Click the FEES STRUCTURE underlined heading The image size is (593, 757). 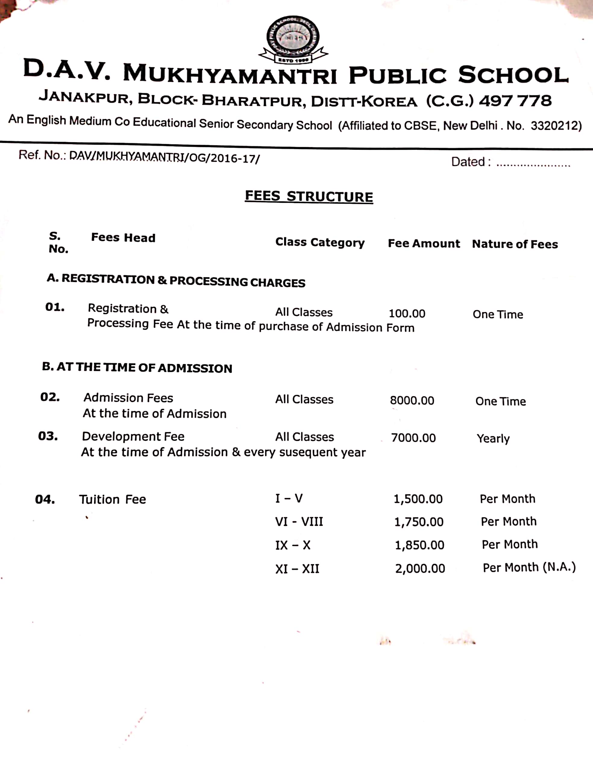[x=309, y=196]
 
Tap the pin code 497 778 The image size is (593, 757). [x=515, y=101]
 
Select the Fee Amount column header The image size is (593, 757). [x=424, y=243]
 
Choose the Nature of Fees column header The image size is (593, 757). [x=515, y=244]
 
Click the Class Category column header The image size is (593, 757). [x=320, y=242]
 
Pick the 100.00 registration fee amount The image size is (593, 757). [x=406, y=314]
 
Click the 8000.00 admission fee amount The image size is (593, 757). [x=412, y=401]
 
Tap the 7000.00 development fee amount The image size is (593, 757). [x=413, y=438]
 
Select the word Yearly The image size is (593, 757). [x=493, y=438]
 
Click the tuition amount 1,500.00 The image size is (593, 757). [x=418, y=499]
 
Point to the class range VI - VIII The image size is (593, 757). [x=299, y=522]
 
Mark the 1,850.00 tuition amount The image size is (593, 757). [x=419, y=545]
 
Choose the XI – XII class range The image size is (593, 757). [x=297, y=569]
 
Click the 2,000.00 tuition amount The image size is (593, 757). [x=420, y=568]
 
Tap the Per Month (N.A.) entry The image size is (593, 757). [x=529, y=567]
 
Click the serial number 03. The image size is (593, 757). [x=48, y=436]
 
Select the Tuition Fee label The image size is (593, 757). [x=112, y=499]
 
